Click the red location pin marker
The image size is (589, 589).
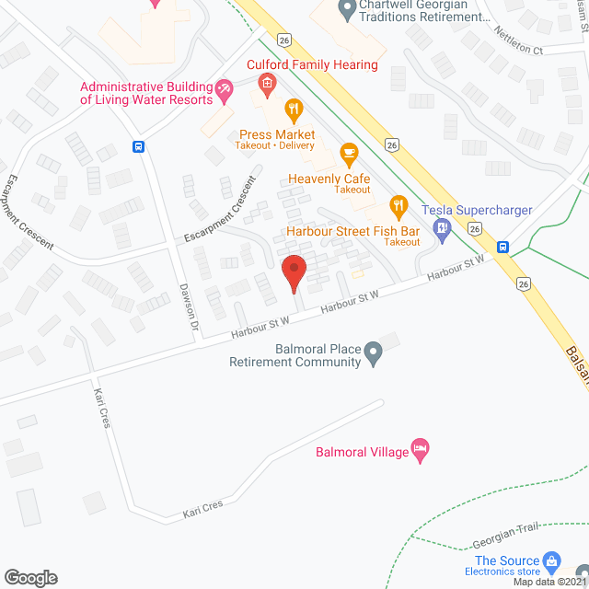coord(293,273)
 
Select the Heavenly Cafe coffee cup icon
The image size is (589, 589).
coord(348,152)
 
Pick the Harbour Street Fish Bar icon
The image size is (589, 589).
coord(398,204)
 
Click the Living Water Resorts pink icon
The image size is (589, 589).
coord(223,88)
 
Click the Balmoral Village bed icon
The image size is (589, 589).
coord(421,451)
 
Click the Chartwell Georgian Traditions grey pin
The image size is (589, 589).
coord(347,10)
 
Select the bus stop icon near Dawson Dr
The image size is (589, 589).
coord(138,145)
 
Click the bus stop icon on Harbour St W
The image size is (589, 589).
coord(503,247)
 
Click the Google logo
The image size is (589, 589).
coord(30,577)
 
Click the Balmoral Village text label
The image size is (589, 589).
coord(360,453)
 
